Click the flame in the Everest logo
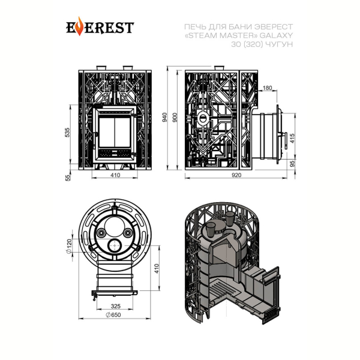pos(79,26)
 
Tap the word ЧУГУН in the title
pos(279,44)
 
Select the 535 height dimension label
pos(67,133)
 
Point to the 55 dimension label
pos(68,178)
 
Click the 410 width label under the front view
pos(115,175)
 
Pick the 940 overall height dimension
pos(165,118)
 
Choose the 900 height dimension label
pos(175,118)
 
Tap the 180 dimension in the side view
pos(267,88)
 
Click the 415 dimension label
pos(292,139)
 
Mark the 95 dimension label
pos(292,164)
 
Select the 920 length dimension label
pos(236,175)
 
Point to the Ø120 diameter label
pos(69,246)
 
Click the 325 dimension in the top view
pos(115,306)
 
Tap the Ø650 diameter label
pos(113,315)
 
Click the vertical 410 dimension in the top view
pos(157,268)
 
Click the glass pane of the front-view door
pos(115,132)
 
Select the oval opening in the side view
pos(203,118)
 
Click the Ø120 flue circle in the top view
pos(115,246)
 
